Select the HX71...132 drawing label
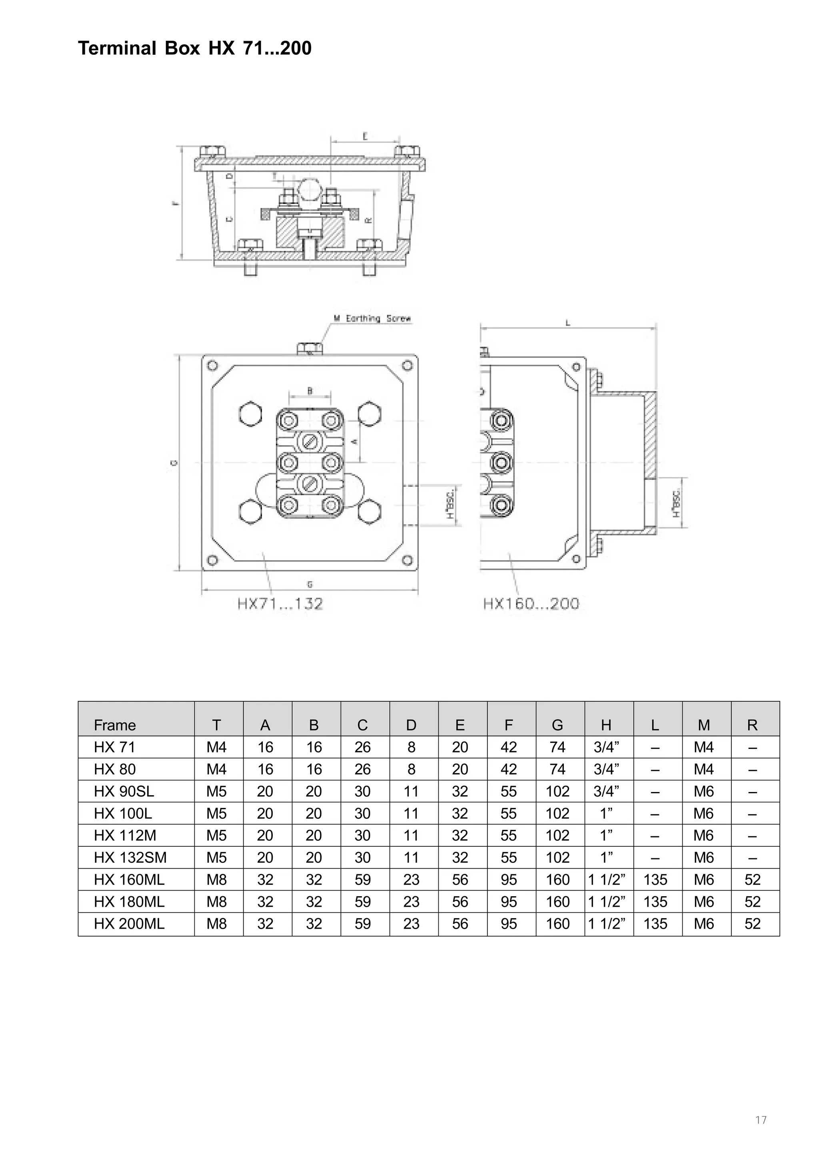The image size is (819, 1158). (x=280, y=604)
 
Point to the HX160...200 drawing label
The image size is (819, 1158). (x=531, y=604)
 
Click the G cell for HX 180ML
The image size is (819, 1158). (x=557, y=902)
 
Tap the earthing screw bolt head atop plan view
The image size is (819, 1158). (x=310, y=348)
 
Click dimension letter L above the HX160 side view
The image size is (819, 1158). (x=568, y=323)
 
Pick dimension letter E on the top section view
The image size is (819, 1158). (x=365, y=136)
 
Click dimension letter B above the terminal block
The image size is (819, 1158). (x=310, y=391)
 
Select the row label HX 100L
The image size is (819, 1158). (x=123, y=814)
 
